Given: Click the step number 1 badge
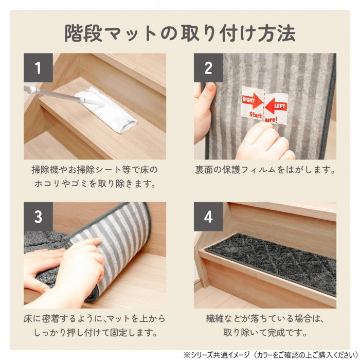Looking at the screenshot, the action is click(x=38, y=68).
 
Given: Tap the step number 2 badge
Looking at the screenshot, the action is click(x=208, y=68).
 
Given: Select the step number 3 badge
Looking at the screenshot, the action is click(x=38, y=217).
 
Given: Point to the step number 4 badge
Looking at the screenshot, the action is click(x=208, y=217).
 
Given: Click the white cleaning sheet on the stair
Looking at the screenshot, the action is click(x=107, y=110).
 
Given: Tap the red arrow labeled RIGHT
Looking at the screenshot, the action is click(x=252, y=101).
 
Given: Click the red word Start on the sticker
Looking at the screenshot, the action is click(x=255, y=114).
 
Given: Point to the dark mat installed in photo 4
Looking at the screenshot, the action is click(x=271, y=263).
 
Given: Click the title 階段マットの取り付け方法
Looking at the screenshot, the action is click(x=180, y=33).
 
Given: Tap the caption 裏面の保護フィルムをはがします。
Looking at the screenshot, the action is click(x=265, y=170).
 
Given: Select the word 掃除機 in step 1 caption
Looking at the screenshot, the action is click(x=44, y=170).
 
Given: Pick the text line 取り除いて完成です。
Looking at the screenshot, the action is click(x=265, y=332).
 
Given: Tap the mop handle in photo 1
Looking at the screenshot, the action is click(x=55, y=94).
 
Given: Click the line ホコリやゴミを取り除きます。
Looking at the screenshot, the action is click(x=95, y=184).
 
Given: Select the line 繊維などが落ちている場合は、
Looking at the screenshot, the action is click(x=265, y=319).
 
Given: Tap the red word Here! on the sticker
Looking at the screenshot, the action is click(x=271, y=120).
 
